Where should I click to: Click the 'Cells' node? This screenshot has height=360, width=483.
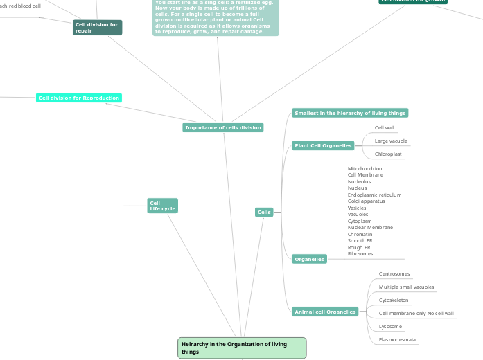(264, 212)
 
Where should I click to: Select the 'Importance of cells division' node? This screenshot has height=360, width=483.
(223, 127)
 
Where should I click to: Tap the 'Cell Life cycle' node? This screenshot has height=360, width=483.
(162, 206)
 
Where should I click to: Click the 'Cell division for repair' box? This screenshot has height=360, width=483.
(98, 28)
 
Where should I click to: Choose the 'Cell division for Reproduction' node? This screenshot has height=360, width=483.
(79, 98)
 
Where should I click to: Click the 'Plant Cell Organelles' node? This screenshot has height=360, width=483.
(323, 146)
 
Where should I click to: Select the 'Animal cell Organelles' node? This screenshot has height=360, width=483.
(325, 312)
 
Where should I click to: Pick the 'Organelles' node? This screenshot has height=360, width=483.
(309, 259)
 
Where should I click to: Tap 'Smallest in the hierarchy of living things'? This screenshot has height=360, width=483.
(350, 113)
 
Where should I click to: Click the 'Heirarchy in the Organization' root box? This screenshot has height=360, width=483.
(242, 348)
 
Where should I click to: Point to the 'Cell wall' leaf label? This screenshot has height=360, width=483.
(384, 128)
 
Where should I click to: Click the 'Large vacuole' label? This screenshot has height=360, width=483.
(391, 141)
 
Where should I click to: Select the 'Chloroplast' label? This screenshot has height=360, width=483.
(388, 154)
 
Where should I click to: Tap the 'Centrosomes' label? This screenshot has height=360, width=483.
(394, 274)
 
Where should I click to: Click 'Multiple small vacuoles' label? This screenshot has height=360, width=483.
(406, 287)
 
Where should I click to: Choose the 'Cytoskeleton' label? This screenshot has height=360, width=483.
(394, 300)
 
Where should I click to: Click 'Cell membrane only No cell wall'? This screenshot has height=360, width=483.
(416, 313)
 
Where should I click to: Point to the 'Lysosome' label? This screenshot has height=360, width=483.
(390, 326)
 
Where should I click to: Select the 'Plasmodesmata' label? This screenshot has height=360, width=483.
(396, 339)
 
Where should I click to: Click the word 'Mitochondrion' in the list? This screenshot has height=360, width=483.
(365, 168)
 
